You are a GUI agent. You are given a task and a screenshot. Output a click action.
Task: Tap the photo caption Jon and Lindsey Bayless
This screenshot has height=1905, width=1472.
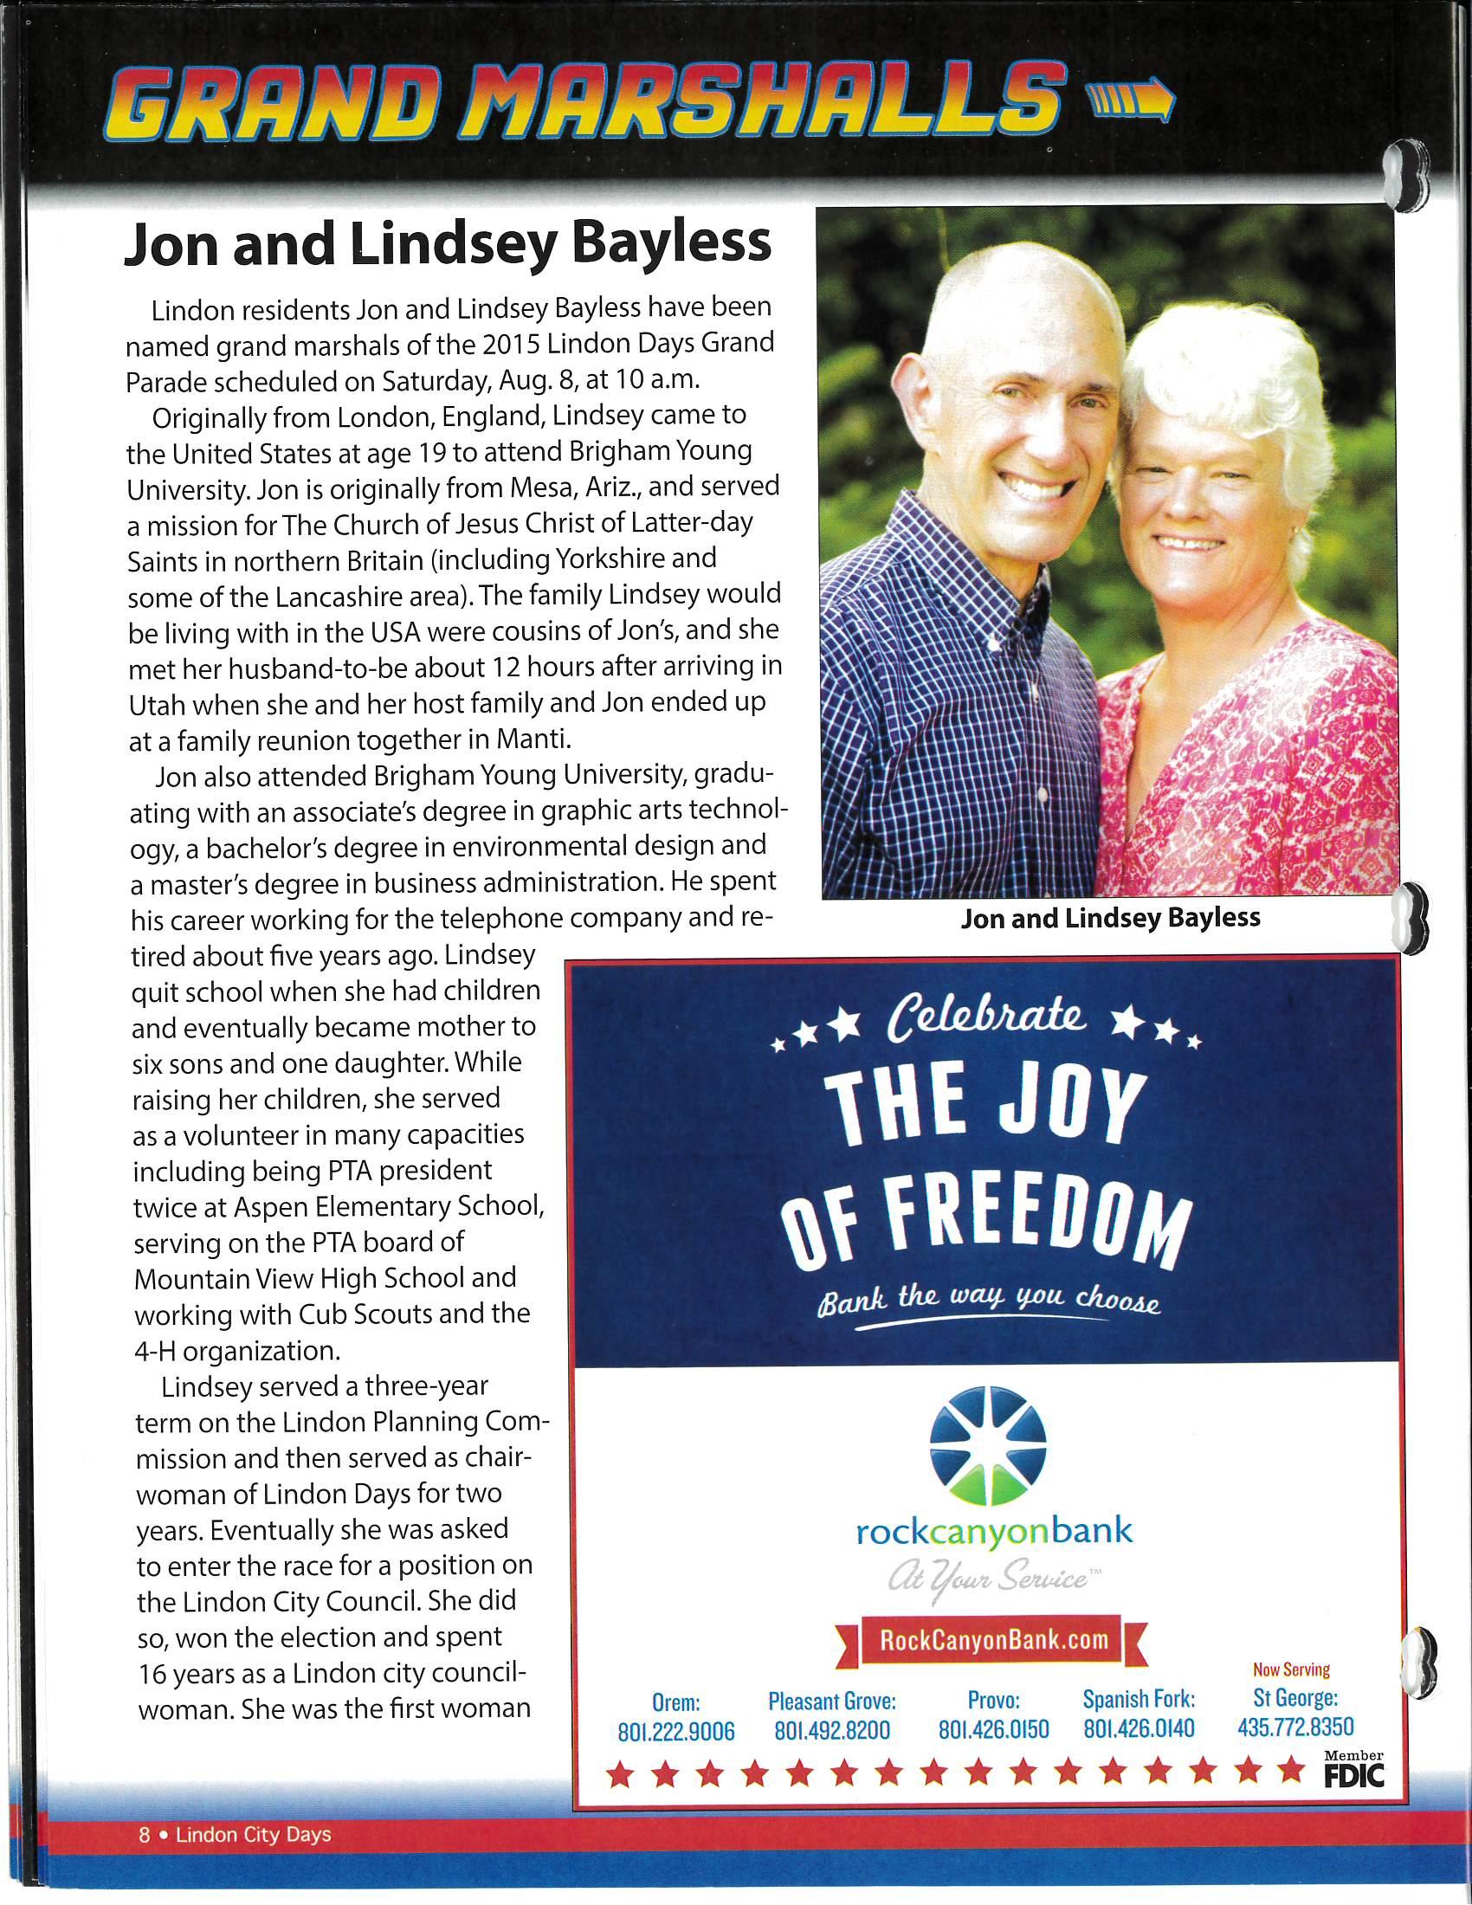coord(1110,918)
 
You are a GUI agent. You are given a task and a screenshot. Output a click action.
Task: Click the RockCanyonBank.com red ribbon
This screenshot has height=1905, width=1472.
coord(993,1640)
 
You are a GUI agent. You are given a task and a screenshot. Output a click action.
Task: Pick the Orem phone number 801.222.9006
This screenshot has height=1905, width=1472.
coord(676,1732)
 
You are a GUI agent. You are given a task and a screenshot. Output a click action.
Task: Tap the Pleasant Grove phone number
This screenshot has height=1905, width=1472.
coord(832,1731)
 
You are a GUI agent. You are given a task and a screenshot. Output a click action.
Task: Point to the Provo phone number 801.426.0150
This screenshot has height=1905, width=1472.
coord(993,1730)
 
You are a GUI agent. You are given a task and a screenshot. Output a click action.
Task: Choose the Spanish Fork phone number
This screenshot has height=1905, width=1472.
coord(1139,1729)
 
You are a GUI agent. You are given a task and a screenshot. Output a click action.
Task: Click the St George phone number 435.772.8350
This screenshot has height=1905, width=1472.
coord(1295,1727)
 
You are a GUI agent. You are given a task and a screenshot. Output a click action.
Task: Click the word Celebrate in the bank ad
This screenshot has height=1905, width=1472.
coord(986,1018)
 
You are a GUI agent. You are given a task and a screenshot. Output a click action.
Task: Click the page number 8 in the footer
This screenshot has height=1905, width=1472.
coord(145,1835)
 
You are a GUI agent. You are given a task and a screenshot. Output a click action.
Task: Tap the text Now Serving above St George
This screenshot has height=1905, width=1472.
coord(1291,1669)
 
